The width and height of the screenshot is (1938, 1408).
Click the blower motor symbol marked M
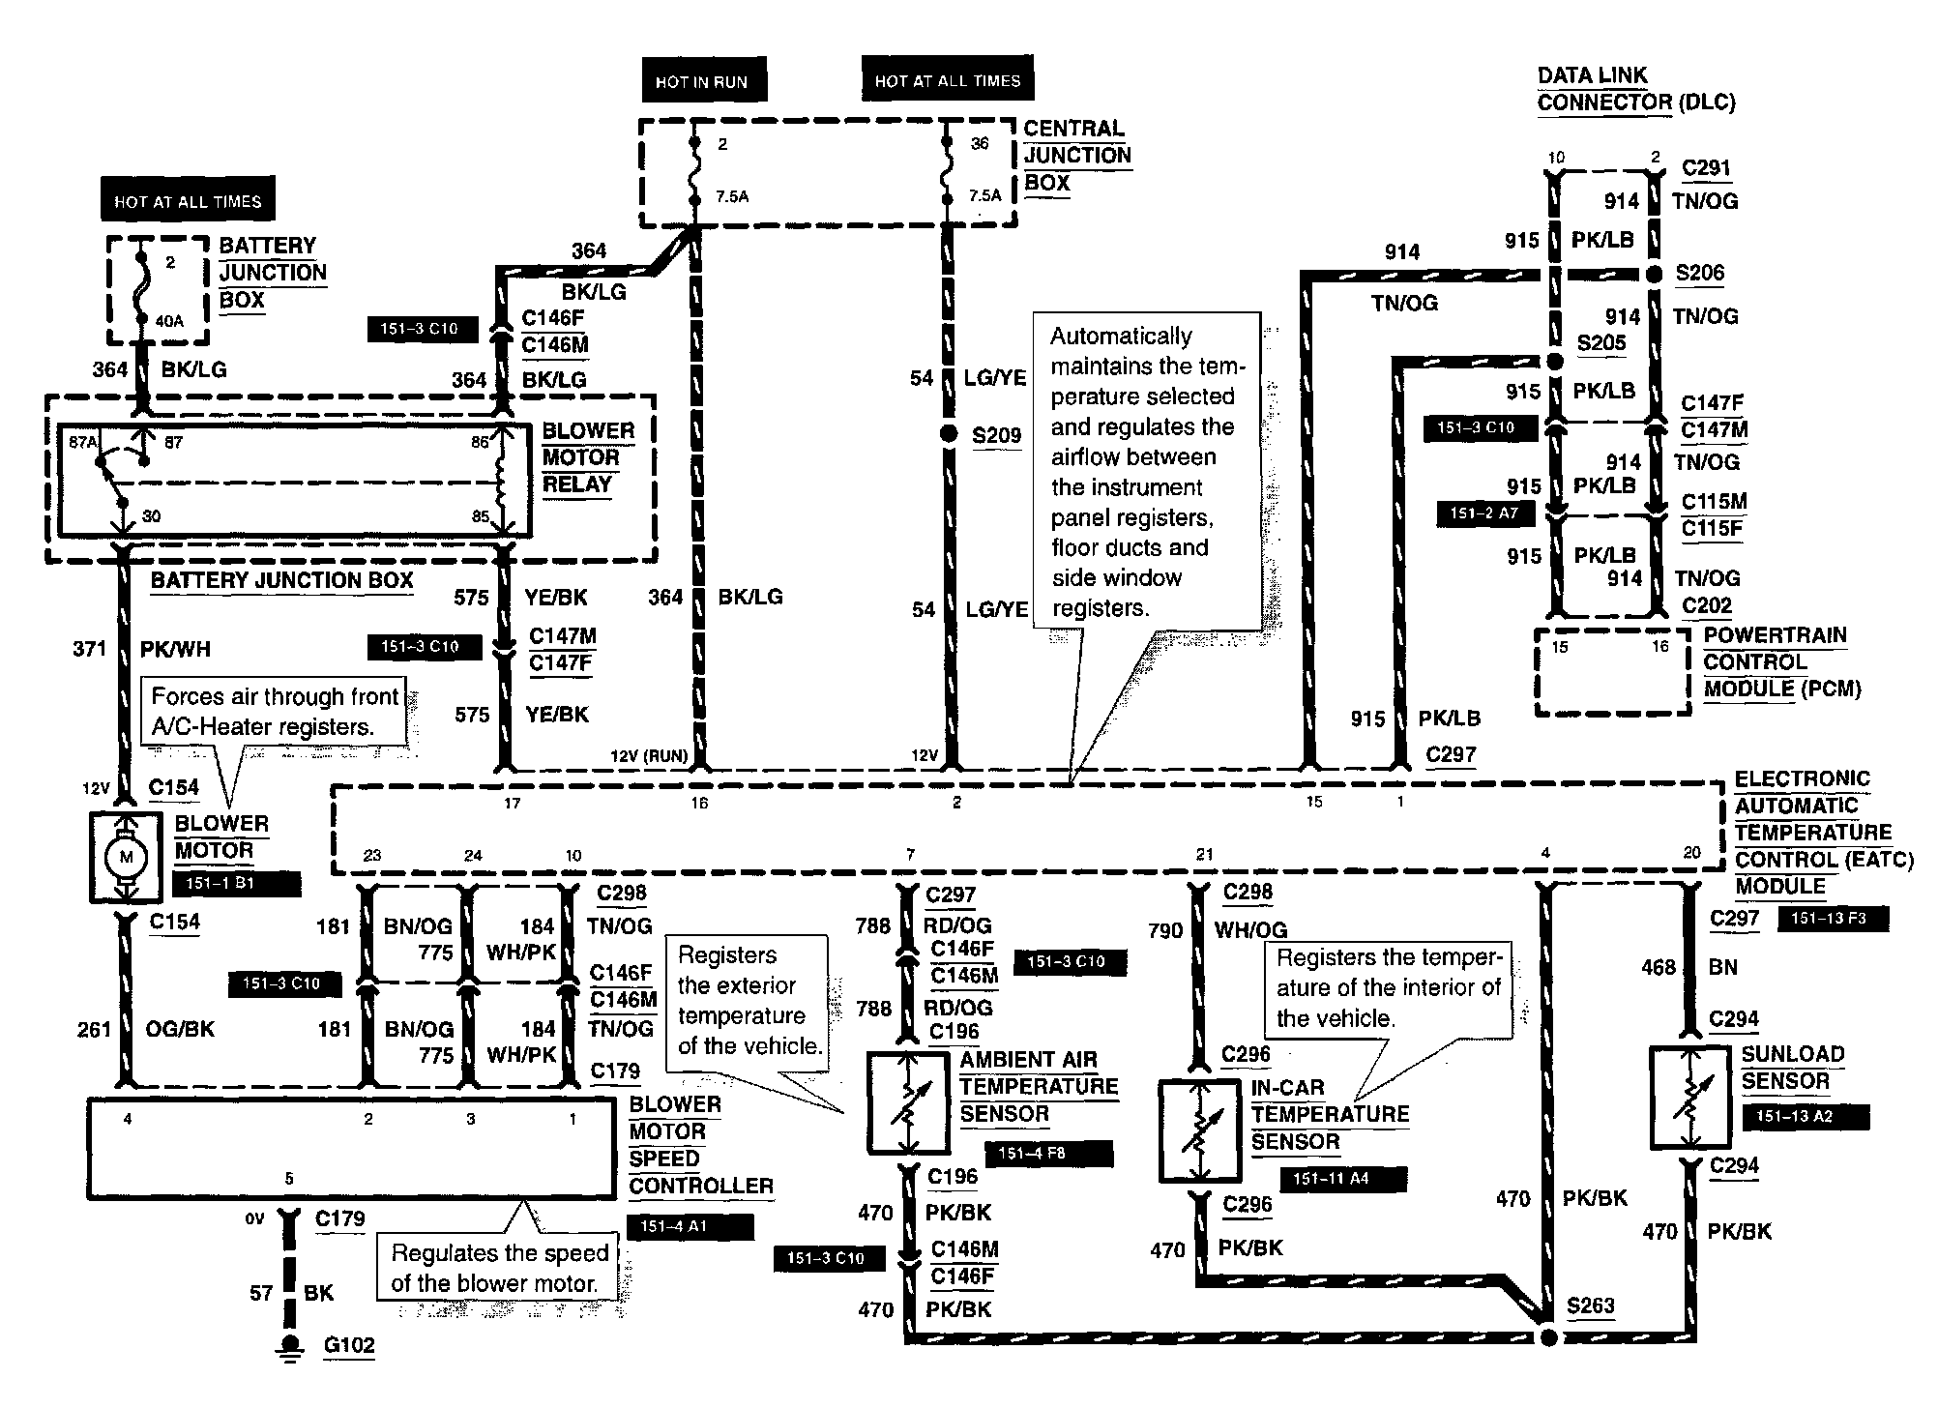126,857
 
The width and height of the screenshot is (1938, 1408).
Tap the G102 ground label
349,1345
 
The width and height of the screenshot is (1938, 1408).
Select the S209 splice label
996,435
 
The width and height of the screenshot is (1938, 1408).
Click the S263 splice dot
1547,1337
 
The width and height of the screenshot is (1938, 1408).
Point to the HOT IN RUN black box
702,82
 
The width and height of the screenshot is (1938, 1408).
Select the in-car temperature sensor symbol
1199,1131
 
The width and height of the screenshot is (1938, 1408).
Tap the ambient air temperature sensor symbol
908,1103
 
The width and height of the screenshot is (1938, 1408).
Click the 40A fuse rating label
169,321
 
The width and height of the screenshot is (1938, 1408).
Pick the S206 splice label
1700,274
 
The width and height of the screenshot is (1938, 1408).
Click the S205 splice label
1601,343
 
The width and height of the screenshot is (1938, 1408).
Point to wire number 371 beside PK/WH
90,649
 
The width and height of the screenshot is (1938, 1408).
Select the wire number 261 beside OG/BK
95,1030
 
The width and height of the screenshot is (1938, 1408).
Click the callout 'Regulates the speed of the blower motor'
500,1268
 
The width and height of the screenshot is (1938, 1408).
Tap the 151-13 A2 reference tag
1806,1116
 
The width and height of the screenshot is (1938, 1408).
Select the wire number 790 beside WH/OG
1165,930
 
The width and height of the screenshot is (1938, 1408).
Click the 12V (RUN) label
649,756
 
